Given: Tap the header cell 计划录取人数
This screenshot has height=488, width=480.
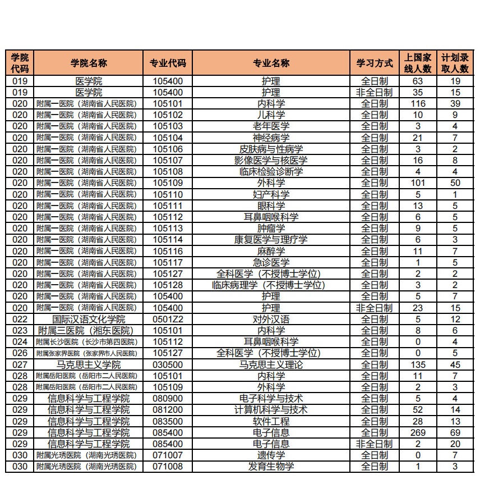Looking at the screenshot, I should [455, 63].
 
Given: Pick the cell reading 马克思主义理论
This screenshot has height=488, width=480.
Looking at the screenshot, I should [271, 364].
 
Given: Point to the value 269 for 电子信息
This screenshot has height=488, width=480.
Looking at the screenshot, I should [418, 432].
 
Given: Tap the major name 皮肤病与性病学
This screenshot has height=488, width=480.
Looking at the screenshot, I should [271, 149].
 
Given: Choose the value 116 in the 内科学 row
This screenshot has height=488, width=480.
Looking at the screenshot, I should [418, 103].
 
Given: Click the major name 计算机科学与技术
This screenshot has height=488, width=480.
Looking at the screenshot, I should [271, 410].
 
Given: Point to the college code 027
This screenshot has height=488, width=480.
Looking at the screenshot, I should [20, 364].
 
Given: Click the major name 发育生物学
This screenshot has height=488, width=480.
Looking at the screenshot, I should [271, 467].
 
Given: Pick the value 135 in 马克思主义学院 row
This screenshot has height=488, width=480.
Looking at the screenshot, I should [418, 364].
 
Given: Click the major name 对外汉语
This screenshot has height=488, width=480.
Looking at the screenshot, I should [271, 319].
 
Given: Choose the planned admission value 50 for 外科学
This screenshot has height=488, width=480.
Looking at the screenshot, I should [455, 183].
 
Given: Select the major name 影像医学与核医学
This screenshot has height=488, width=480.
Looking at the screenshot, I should [271, 160].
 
